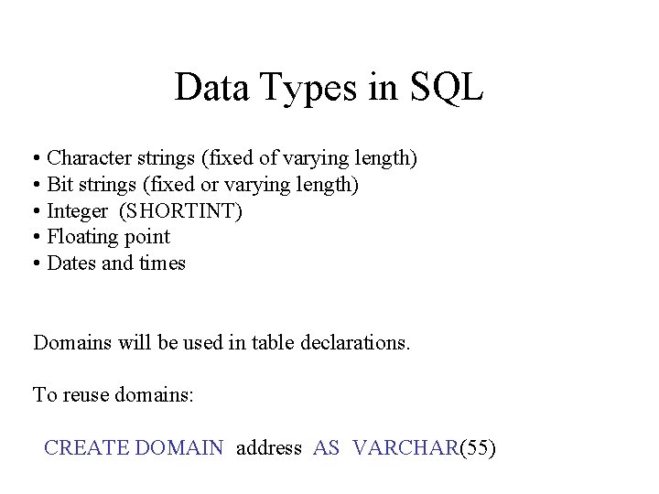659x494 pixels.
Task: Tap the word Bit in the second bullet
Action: (60, 186)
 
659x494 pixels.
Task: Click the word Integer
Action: (78, 212)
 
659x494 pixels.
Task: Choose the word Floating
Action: (83, 238)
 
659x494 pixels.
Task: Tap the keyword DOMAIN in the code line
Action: (178, 448)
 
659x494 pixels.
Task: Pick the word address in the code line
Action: (269, 448)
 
